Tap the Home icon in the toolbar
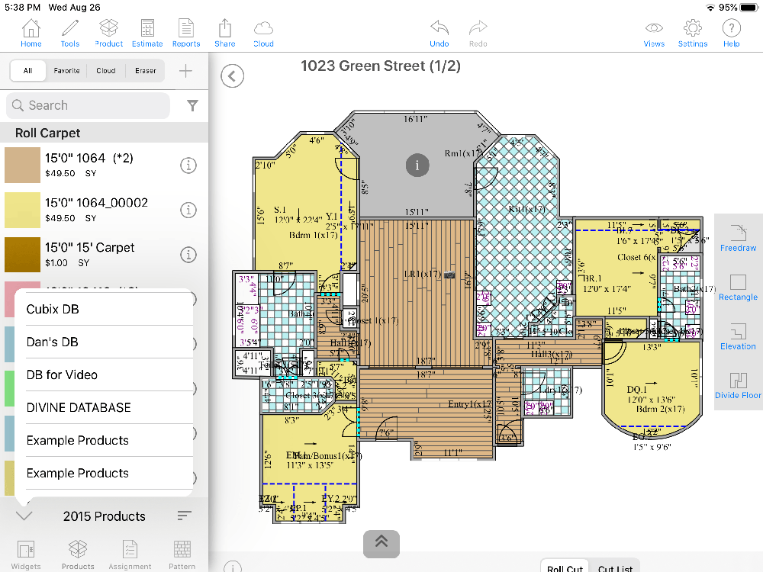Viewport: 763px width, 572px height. (31, 33)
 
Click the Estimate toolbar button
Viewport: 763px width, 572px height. (147, 33)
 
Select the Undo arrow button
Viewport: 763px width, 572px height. (439, 33)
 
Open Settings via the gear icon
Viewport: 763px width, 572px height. (692, 33)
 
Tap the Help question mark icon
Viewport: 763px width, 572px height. (731, 33)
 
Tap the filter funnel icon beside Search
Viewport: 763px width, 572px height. (192, 106)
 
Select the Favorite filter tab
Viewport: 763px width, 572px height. (66, 71)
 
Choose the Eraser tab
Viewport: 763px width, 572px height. (146, 71)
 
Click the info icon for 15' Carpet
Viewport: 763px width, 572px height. (188, 255)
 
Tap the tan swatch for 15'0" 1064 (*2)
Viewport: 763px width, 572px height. (22, 165)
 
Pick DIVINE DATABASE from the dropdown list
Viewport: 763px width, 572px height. (79, 407)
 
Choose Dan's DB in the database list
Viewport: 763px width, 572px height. (53, 342)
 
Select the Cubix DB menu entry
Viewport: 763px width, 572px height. (53, 309)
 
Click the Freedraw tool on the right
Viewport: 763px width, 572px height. (738, 237)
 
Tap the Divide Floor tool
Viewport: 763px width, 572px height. (738, 385)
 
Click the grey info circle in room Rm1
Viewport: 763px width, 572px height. (417, 165)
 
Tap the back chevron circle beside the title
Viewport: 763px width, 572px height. (233, 76)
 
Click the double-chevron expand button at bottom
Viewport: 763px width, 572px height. (381, 541)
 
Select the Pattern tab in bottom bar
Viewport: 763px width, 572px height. (182, 554)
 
